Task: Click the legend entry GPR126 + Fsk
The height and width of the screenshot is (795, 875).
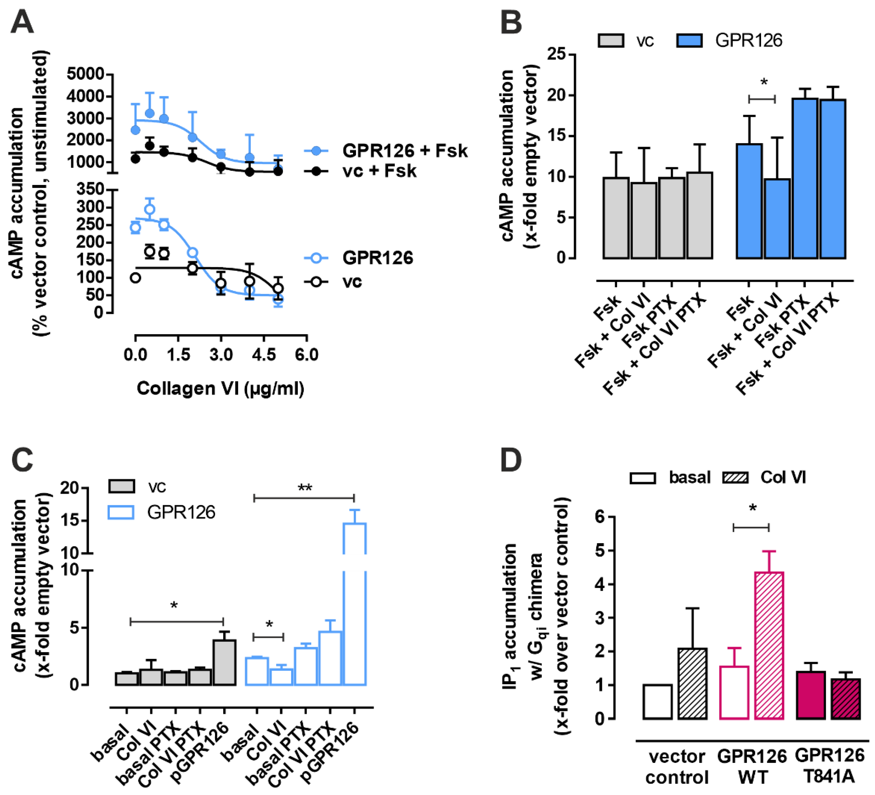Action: click(x=404, y=151)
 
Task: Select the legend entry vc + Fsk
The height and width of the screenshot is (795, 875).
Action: click(x=379, y=171)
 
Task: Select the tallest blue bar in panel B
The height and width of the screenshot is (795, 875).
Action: click(x=805, y=178)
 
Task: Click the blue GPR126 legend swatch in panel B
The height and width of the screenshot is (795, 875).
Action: click(x=689, y=40)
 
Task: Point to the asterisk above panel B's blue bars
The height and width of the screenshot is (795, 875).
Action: click(x=764, y=82)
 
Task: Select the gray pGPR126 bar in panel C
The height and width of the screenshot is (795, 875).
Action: click(x=224, y=662)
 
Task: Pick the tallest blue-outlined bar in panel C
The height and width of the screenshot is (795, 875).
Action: click(x=355, y=604)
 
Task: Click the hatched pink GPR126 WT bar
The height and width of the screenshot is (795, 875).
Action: click(x=769, y=645)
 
